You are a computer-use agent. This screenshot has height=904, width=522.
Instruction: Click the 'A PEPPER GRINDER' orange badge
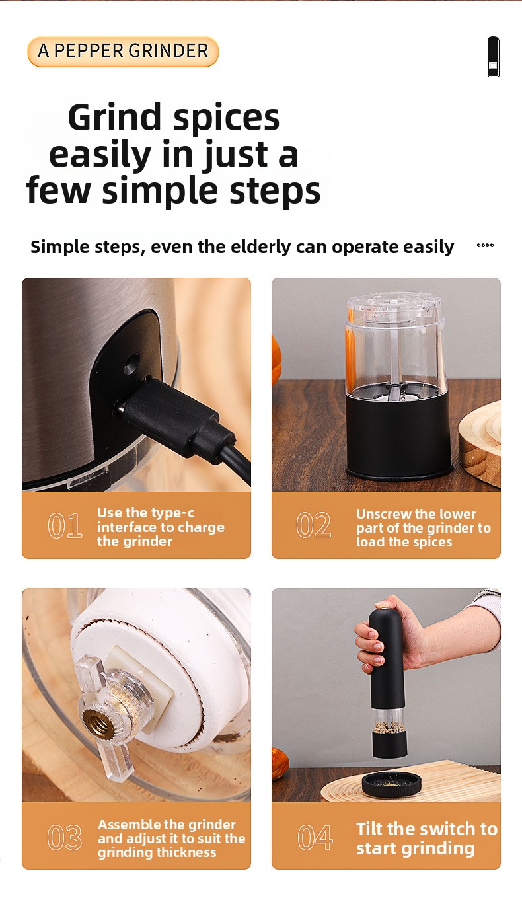click(x=123, y=52)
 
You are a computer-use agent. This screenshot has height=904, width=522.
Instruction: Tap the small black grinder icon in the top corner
click(x=493, y=56)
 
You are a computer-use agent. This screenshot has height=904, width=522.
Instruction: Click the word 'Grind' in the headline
click(x=114, y=117)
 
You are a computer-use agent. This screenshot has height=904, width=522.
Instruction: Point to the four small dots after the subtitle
click(x=485, y=245)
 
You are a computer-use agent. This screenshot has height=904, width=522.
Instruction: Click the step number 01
click(x=65, y=525)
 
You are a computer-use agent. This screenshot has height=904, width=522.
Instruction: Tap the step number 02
click(x=314, y=525)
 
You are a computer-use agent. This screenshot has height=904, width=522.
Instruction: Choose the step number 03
click(x=65, y=837)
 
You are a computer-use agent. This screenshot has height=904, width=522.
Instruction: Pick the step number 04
click(x=315, y=837)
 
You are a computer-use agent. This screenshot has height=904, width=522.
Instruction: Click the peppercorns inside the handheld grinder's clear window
click(x=389, y=726)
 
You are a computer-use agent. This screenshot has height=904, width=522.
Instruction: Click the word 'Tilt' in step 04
click(x=369, y=829)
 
